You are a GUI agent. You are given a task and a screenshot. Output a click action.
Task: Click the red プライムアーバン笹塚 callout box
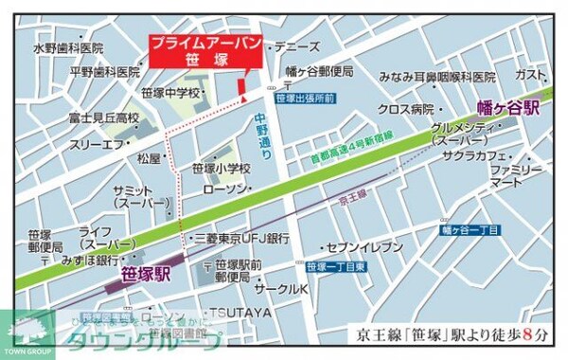click(x=204, y=51)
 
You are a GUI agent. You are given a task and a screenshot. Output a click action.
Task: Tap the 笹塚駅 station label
click(x=146, y=275)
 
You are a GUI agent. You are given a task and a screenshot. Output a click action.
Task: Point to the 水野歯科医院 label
click(x=67, y=47)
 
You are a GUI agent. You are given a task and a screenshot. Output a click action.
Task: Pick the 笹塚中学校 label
click(x=171, y=93)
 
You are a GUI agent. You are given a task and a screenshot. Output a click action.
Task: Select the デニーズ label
click(x=296, y=45)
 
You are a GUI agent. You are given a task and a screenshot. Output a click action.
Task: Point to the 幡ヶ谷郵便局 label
click(x=319, y=70)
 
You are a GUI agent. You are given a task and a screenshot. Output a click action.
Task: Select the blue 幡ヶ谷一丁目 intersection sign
click(x=470, y=229)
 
